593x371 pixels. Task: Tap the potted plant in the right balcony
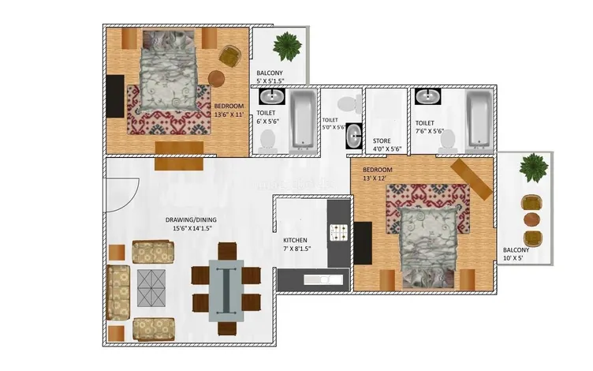click(535, 167)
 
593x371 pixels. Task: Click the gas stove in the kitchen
click(339, 232)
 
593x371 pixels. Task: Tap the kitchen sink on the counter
click(323, 279)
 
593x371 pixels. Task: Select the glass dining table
click(226, 289)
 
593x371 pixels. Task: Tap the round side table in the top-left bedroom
click(217, 78)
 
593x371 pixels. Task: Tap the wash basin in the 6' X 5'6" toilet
click(274, 98)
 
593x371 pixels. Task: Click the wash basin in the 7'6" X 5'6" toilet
click(427, 97)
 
